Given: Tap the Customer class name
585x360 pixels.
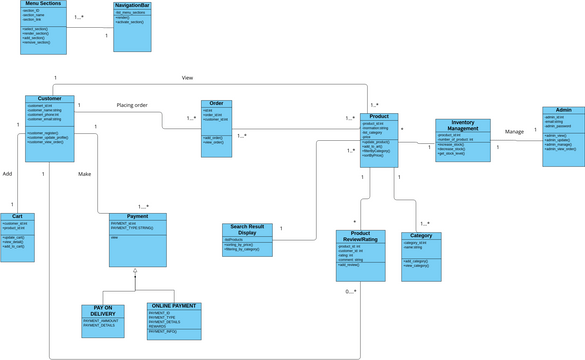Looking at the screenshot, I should (49, 99).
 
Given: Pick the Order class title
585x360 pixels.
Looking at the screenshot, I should (217, 103).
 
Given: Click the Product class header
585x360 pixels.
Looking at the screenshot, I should (379, 116).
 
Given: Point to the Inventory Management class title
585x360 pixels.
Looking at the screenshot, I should (463, 125).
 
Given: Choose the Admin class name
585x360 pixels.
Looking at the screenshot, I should (564, 110).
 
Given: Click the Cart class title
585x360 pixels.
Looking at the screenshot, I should (18, 215).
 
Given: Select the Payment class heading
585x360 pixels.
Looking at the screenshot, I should (138, 217).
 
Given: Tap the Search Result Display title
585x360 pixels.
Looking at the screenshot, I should (246, 231).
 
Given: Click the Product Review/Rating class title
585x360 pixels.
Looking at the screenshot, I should (360, 237).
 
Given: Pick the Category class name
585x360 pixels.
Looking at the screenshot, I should (421, 236).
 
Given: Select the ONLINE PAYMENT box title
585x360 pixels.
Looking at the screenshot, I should (173, 306).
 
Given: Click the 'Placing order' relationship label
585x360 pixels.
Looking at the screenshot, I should (132, 105).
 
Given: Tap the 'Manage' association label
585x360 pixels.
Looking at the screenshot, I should (514, 131).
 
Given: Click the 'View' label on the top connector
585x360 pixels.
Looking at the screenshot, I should (187, 77).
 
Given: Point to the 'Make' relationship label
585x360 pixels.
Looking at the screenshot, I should (84, 174).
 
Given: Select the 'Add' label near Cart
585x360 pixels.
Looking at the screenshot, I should (7, 173).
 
